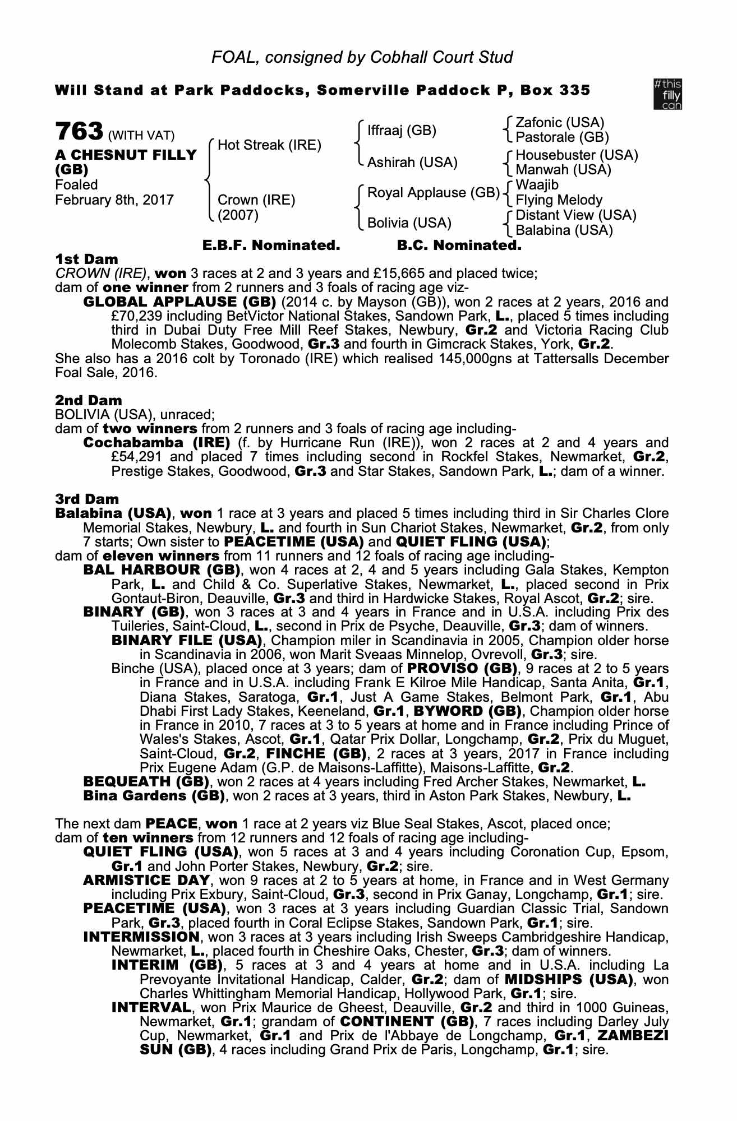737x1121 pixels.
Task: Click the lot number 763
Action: click(x=79, y=132)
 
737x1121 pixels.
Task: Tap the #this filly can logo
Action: click(x=667, y=94)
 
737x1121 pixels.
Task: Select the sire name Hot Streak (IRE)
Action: click(x=269, y=145)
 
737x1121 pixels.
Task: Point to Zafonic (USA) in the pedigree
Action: click(x=560, y=123)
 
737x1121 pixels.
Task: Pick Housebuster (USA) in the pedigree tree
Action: click(x=577, y=155)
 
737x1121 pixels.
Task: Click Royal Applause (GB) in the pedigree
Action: click(x=433, y=193)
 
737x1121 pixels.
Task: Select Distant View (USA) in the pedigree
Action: click(x=575, y=215)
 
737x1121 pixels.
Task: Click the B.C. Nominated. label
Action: click(x=459, y=245)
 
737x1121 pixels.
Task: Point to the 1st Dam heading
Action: click(x=86, y=259)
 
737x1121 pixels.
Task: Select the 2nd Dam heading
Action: click(x=88, y=400)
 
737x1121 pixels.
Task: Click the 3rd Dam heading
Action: click(x=87, y=499)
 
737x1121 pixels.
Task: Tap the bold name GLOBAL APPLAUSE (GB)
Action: click(x=179, y=302)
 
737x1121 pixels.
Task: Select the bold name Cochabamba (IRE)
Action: click(x=156, y=443)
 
